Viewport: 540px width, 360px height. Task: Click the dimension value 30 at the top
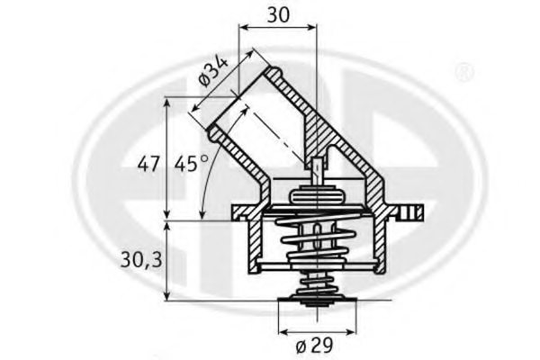point(278,15)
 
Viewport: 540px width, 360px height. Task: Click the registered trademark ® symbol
point(463,69)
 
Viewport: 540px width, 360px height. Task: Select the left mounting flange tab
point(240,212)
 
